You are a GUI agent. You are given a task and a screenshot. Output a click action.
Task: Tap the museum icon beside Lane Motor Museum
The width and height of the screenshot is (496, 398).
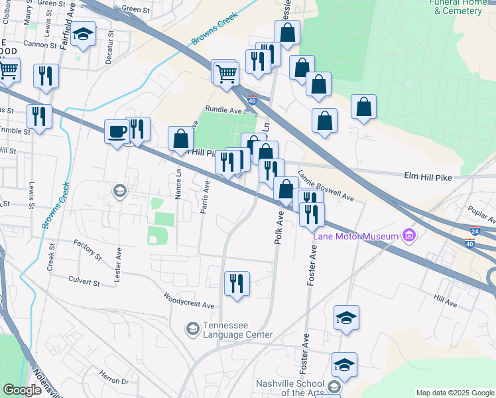409,235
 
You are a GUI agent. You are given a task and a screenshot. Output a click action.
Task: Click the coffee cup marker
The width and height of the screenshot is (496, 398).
117,132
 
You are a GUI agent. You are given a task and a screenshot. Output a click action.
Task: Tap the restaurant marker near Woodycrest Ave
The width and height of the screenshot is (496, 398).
237,284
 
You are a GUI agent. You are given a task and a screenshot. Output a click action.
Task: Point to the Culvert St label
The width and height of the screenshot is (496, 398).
84,283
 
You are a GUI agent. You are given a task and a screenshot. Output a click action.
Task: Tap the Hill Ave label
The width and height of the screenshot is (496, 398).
446,302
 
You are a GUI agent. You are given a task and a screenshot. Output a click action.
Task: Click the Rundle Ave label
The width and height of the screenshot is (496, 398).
223,109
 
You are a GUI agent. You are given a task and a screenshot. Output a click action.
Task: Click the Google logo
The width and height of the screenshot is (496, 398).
23,390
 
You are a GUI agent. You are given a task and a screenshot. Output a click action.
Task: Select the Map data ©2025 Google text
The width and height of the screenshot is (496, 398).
454,393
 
